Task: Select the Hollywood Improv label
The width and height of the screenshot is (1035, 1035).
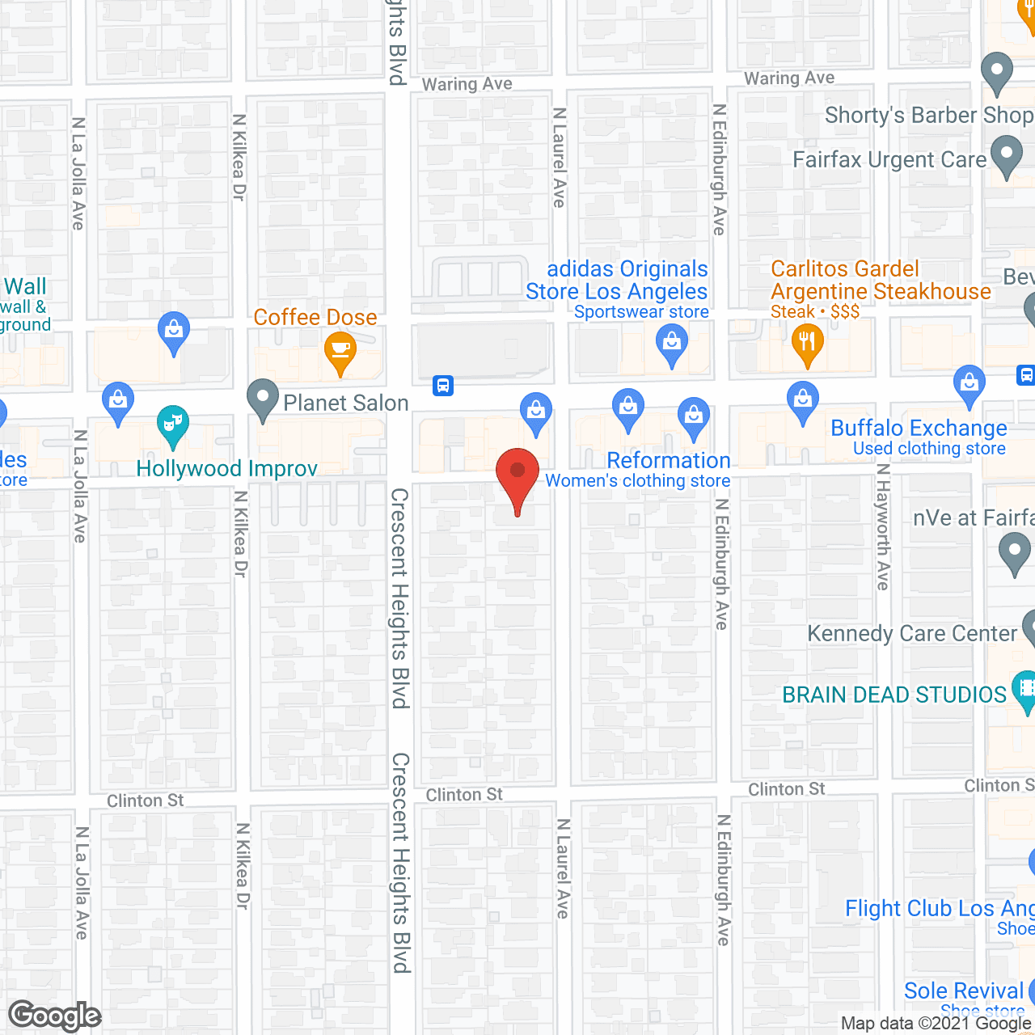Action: tap(226, 469)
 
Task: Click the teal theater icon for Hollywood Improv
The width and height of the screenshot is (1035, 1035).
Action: tap(172, 424)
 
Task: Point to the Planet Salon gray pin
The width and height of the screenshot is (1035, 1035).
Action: tap(262, 398)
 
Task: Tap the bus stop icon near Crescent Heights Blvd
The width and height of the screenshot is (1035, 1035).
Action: tap(443, 386)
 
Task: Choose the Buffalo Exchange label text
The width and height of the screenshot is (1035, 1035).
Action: tap(919, 429)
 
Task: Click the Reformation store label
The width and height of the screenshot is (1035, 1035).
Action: tap(669, 461)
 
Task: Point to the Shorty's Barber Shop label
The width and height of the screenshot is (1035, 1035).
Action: tap(928, 116)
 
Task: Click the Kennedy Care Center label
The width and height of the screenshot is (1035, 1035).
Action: tap(912, 634)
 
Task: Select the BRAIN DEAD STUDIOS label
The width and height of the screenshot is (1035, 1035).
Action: tap(894, 695)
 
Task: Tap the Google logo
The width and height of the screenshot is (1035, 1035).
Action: tap(55, 1016)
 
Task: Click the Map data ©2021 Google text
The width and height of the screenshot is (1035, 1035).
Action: tap(936, 1024)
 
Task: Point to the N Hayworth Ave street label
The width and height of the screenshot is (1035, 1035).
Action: tap(883, 527)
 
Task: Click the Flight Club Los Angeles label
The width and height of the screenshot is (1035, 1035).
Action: tap(939, 909)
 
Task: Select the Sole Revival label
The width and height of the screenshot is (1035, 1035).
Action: tap(964, 991)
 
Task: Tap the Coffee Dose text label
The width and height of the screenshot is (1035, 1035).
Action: tap(315, 318)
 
